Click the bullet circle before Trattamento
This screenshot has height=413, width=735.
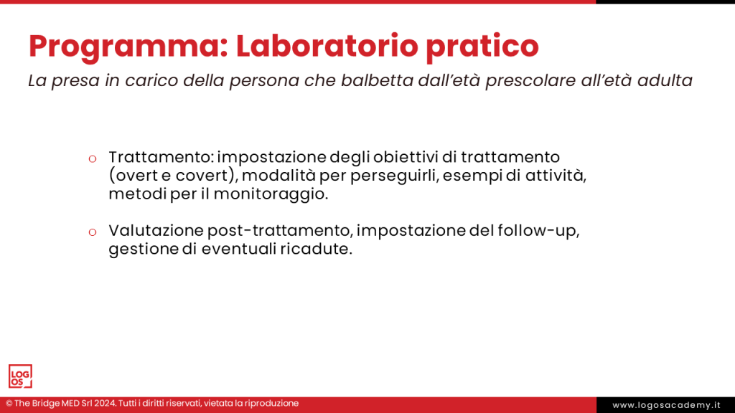point(92,158)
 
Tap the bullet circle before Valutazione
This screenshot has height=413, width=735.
point(92,232)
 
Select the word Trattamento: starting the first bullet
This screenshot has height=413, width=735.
point(161,156)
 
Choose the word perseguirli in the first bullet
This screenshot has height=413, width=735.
point(387,176)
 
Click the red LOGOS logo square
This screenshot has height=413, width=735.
point(20,376)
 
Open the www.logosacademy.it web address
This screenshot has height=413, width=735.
point(666,405)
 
